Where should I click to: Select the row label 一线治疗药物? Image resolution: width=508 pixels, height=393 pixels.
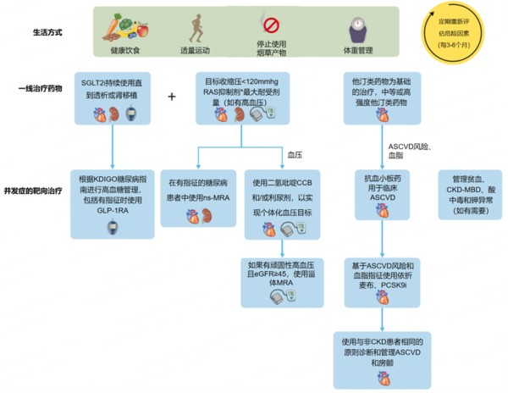pyautogui.click(x=41, y=87)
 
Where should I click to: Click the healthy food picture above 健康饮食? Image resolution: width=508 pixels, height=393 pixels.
pyautogui.click(x=123, y=23)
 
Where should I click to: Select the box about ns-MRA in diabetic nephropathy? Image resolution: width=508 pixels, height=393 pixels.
pyautogui.click(x=198, y=193)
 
